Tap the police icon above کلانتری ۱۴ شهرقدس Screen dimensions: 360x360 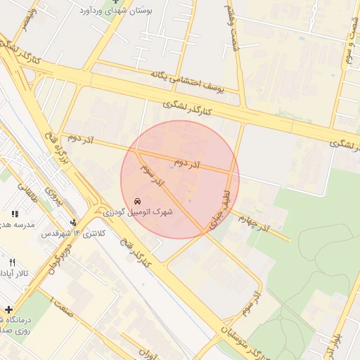tap(96, 221)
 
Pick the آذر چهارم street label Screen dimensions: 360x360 tap(253, 221)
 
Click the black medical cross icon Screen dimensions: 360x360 tap(8, 309)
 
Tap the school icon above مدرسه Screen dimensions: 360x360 tap(14, 214)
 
